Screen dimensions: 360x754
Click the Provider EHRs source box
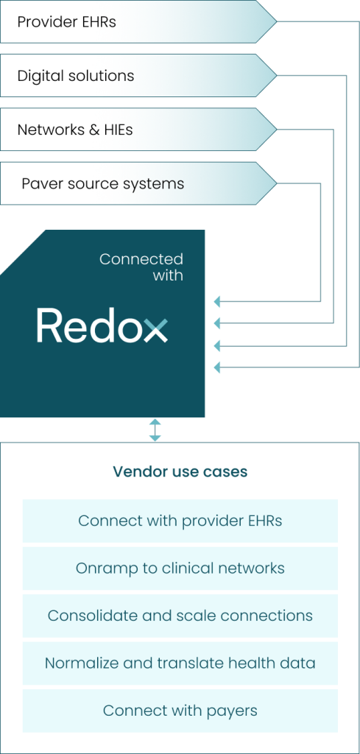138,21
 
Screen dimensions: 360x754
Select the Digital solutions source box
138,76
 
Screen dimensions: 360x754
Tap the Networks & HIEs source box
138,130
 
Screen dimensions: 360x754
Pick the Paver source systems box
138,183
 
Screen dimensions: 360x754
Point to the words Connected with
141,267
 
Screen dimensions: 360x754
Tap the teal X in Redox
156,330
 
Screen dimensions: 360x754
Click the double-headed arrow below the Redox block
155,430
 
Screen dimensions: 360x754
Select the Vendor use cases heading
180,472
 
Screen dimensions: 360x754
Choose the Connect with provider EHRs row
180,521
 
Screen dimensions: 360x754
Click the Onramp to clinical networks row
180,568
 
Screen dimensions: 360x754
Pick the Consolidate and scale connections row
180,616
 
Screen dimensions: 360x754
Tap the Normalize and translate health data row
180,663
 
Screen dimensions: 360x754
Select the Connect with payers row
180,711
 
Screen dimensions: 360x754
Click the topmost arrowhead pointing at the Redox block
216,301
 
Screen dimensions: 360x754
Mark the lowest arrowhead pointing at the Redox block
216,367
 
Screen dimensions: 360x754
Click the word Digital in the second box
37,76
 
